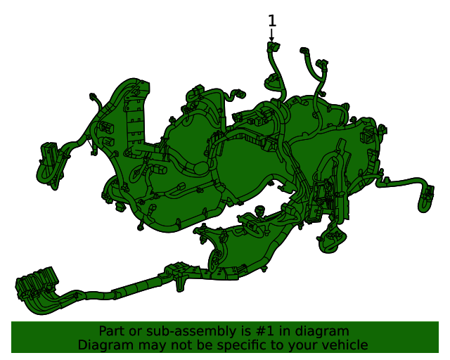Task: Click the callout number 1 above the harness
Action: coord(272,21)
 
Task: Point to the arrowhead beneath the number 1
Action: coord(272,38)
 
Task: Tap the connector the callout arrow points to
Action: coord(272,48)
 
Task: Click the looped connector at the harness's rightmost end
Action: coord(425,200)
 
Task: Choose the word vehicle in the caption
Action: coord(343,345)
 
